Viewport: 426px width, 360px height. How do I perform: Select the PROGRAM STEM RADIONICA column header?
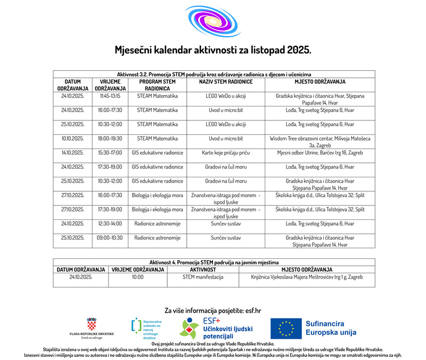157,85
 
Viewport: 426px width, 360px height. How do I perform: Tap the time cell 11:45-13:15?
110,96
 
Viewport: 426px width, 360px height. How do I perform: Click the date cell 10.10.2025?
72,138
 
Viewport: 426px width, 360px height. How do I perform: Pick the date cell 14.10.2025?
72,153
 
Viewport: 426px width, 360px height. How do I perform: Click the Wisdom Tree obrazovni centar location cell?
319,142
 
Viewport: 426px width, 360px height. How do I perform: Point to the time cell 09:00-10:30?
110,238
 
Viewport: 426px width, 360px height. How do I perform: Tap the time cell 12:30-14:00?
110,224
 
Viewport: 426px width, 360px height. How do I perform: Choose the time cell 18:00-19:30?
110,138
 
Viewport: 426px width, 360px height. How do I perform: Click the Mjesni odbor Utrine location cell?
319,153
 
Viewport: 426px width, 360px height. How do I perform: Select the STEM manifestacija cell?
203,277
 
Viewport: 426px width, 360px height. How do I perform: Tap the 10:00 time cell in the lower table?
137,277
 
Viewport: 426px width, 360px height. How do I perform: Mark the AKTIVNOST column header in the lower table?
203,269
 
